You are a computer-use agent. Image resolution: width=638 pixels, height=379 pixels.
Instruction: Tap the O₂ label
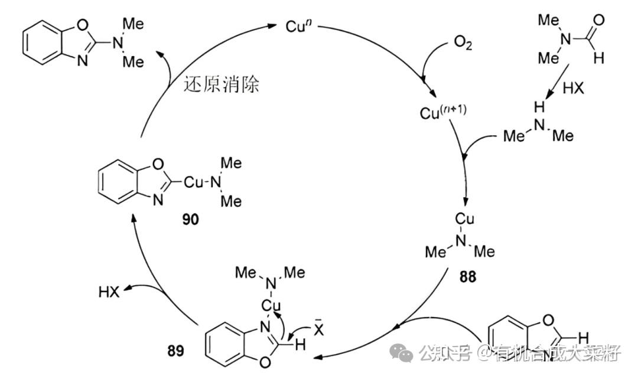click(x=464, y=44)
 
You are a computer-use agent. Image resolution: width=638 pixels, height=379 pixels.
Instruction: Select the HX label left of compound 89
click(x=109, y=292)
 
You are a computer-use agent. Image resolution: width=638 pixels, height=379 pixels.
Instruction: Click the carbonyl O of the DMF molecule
click(x=598, y=21)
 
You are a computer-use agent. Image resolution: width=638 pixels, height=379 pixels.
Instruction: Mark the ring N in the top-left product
click(x=83, y=60)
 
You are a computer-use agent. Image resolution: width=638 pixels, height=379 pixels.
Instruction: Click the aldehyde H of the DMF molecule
click(x=599, y=57)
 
